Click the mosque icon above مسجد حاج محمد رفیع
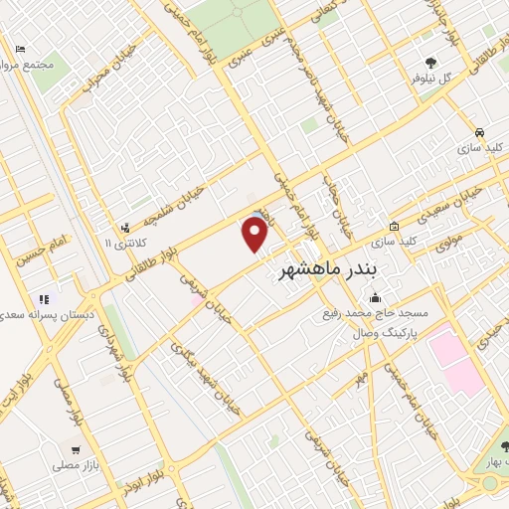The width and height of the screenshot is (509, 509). click(x=375, y=297)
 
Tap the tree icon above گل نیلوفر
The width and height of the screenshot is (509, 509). click(x=430, y=62)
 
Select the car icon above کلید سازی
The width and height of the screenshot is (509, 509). click(x=480, y=132)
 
